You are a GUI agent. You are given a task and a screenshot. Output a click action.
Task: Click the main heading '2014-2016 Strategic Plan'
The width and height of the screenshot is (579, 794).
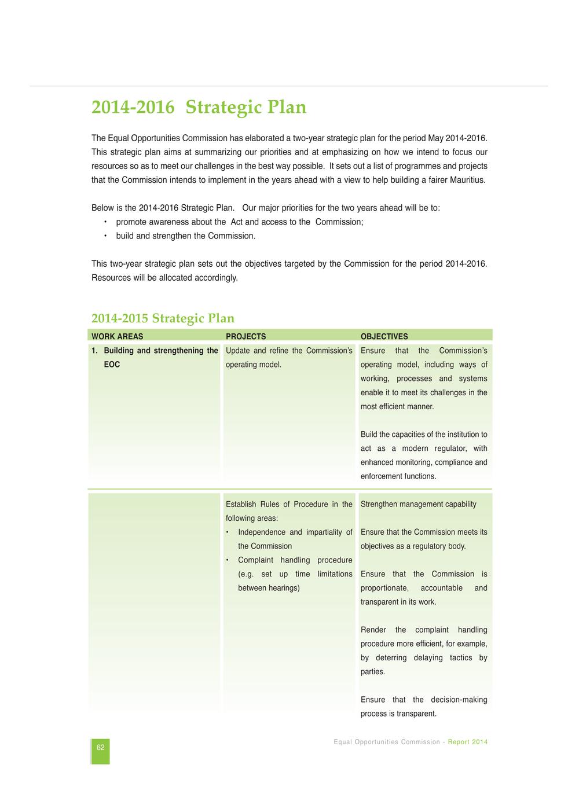pyautogui.click(x=199, y=108)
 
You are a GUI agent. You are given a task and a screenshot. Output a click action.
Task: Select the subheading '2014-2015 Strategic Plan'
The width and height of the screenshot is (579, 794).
pyautogui.click(x=163, y=318)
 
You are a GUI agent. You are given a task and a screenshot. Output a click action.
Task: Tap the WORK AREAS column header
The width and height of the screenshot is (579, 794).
pyautogui.click(x=117, y=336)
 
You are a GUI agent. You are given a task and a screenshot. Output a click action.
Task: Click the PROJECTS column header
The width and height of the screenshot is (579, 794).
pyautogui.click(x=245, y=336)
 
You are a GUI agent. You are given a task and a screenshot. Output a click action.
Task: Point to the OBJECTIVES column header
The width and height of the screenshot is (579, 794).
pyautogui.click(x=384, y=336)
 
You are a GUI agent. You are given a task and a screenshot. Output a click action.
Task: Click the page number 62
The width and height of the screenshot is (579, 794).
pyautogui.click(x=100, y=748)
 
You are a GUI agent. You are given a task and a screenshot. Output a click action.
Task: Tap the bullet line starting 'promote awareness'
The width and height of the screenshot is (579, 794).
pyautogui.click(x=239, y=222)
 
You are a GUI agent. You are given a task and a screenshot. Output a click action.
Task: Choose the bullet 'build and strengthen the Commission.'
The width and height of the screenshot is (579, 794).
pyautogui.click(x=185, y=236)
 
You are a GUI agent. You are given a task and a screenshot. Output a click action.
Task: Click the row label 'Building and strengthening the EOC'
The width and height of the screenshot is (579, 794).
pyautogui.click(x=155, y=357)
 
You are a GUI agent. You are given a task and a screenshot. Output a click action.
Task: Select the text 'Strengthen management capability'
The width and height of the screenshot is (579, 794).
pyautogui.click(x=418, y=504)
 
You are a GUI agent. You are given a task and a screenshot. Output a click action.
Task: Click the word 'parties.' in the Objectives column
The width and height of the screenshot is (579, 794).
pyautogui.click(x=372, y=672)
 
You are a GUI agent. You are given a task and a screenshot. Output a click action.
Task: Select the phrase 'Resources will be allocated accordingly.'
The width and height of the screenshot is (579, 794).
pyautogui.click(x=164, y=278)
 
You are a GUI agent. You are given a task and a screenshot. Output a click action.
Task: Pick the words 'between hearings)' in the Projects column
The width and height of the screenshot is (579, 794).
pyautogui.click(x=269, y=588)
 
